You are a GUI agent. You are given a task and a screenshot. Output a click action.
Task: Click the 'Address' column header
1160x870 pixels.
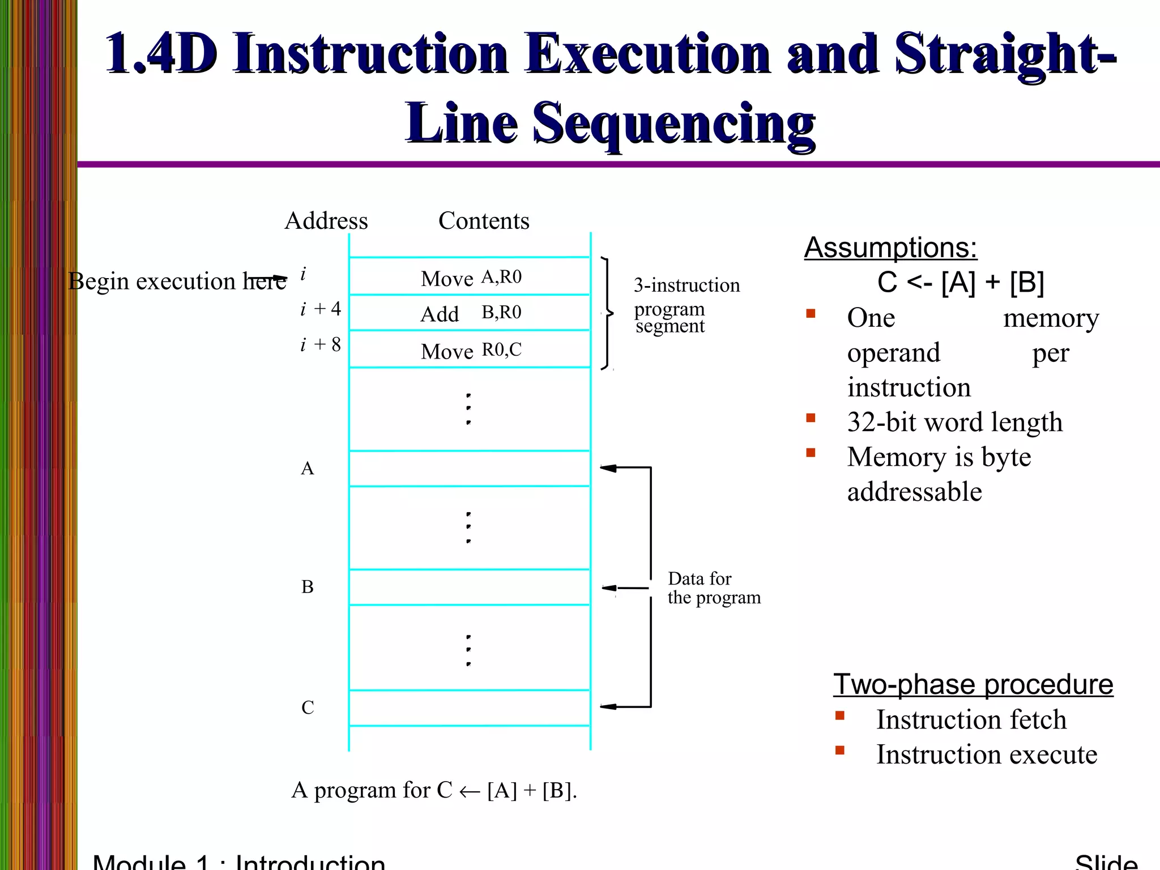tap(326, 221)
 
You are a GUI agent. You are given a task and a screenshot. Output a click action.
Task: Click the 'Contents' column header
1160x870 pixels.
tap(484, 221)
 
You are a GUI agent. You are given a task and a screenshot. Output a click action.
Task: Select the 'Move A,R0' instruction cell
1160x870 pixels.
tap(470, 278)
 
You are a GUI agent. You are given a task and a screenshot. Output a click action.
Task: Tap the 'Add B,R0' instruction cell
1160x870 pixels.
tap(470, 313)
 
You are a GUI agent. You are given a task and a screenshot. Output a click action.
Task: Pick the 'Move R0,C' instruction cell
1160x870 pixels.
tap(470, 351)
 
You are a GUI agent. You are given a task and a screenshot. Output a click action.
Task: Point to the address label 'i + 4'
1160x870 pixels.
tap(321, 309)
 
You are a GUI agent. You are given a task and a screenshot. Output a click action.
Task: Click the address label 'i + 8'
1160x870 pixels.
tap(321, 344)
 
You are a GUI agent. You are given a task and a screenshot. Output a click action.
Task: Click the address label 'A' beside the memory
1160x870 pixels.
tap(307, 468)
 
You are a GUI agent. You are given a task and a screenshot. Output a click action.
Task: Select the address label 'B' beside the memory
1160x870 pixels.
tap(307, 587)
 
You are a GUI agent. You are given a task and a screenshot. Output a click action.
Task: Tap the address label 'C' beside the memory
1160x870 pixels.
tap(307, 707)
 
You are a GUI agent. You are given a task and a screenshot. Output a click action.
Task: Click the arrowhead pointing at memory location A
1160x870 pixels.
tap(608, 468)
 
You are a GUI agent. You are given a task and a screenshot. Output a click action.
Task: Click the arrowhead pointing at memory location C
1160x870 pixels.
tap(608, 706)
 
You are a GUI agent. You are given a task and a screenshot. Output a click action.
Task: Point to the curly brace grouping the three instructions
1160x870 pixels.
tap(608, 313)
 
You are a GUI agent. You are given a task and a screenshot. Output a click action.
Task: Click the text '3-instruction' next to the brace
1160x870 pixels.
tap(686, 285)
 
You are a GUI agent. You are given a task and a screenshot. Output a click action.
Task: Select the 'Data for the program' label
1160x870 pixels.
tap(713, 588)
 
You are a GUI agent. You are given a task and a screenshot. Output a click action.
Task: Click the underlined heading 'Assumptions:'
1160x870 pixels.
tap(890, 248)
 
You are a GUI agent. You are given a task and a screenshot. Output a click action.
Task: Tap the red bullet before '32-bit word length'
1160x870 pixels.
tap(811, 419)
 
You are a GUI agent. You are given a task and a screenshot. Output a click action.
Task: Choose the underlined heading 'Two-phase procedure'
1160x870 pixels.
tap(973, 684)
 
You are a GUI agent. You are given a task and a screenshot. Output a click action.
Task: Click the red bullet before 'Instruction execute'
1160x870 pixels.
tap(839, 751)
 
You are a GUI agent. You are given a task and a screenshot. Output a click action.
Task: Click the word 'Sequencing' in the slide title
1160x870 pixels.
tap(674, 123)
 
